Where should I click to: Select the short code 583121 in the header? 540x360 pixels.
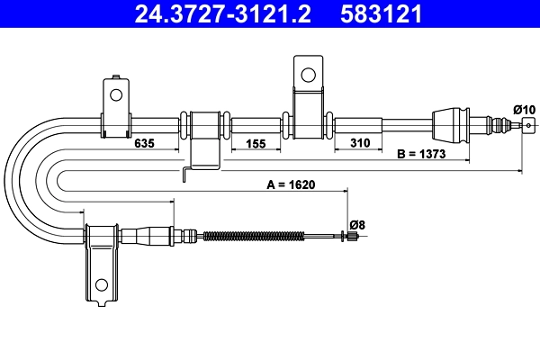click(x=382, y=13)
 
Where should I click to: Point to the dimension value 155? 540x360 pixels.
click(x=256, y=142)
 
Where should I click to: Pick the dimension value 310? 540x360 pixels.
click(x=359, y=142)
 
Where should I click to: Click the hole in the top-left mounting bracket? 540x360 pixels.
click(x=115, y=92)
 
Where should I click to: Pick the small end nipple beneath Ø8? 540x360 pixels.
click(x=355, y=237)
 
